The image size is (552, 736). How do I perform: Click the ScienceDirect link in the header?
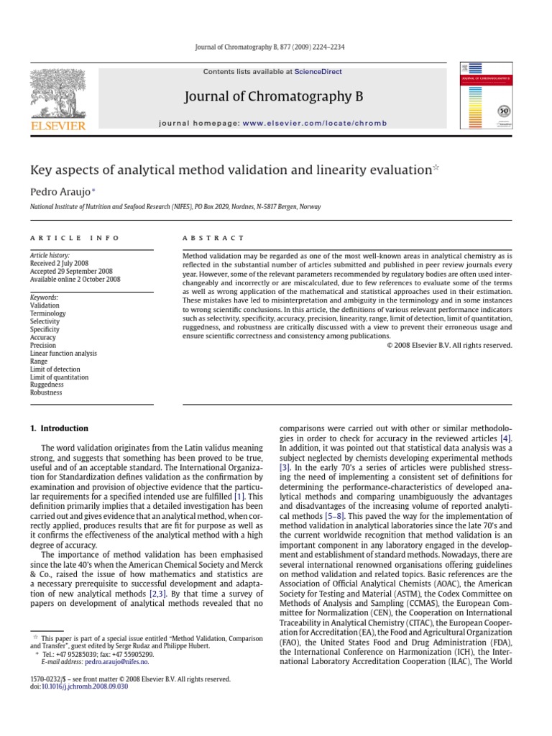click(x=317, y=72)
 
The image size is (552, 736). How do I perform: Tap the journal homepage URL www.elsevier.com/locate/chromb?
click(x=304, y=124)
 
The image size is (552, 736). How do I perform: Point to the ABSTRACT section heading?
click(x=213, y=238)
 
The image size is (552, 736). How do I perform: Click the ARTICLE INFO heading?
click(x=75, y=238)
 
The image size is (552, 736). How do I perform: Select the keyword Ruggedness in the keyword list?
click(x=46, y=385)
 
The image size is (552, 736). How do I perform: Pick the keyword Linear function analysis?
click(x=63, y=354)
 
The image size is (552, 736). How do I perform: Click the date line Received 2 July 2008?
click(x=60, y=264)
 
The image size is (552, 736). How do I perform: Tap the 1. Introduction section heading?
click(x=59, y=428)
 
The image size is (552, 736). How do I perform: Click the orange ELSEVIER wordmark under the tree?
click(x=58, y=126)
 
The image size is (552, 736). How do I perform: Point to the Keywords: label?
click(x=44, y=298)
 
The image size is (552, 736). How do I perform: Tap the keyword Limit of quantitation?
click(x=60, y=377)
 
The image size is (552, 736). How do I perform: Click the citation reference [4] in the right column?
click(x=506, y=438)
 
